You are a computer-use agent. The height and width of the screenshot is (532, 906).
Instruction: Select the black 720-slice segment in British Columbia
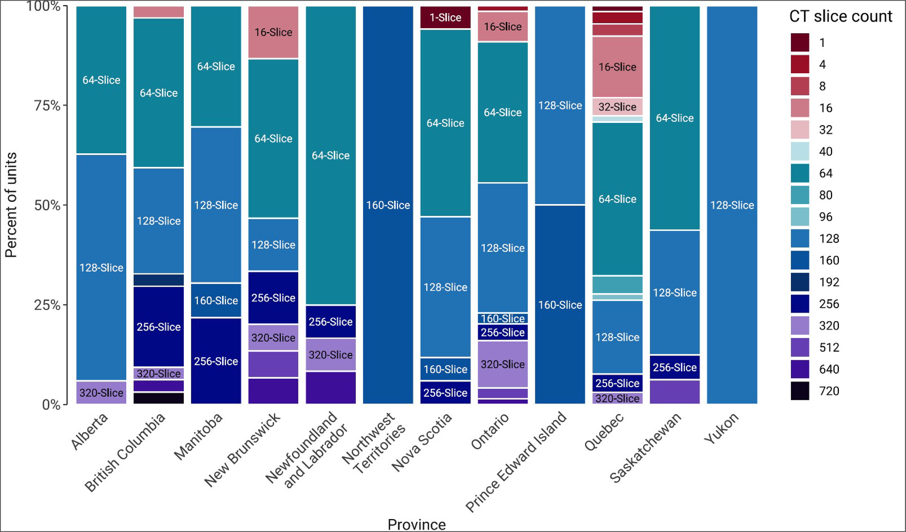pyautogui.click(x=158, y=398)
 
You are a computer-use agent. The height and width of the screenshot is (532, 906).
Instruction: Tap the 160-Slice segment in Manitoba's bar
pyautogui.click(x=216, y=300)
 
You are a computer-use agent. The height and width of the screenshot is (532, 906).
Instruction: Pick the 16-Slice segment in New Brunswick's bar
pyautogui.click(x=273, y=32)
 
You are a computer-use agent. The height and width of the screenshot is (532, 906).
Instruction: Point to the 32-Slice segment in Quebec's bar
pyautogui.click(x=617, y=107)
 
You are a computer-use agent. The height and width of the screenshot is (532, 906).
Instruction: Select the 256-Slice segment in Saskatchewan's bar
pyautogui.click(x=675, y=367)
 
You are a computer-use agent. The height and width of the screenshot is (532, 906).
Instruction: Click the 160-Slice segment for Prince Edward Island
pyautogui.click(x=560, y=305)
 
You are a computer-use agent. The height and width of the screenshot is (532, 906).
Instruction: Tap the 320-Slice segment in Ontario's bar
pyautogui.click(x=503, y=364)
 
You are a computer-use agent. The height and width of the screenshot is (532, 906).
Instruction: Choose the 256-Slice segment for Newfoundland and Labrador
pyautogui.click(x=330, y=321)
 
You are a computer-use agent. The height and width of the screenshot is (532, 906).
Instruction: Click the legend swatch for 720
pyautogui.click(x=800, y=391)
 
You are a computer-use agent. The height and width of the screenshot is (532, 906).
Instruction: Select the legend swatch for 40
pyautogui.click(x=800, y=151)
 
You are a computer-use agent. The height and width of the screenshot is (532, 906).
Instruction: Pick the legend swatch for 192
pyautogui.click(x=800, y=282)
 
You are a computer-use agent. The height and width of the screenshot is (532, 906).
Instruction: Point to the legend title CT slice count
pyautogui.click(x=841, y=16)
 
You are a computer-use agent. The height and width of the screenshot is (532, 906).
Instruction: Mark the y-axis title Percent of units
pyautogui.click(x=11, y=205)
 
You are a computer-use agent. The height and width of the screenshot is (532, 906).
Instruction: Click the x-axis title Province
pyautogui.click(x=417, y=524)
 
